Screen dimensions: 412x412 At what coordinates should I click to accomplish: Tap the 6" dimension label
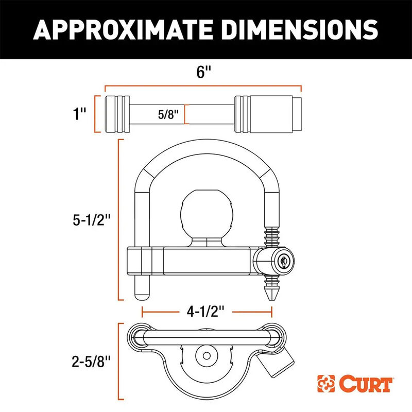tap(204, 72)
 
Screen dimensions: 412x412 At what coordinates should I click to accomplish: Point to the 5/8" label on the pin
tap(168, 114)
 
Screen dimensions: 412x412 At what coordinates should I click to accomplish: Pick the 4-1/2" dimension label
tap(207, 311)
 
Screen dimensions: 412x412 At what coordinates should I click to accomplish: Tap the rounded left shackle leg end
tap(142, 292)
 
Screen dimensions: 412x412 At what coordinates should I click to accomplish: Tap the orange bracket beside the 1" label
tap(96, 114)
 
